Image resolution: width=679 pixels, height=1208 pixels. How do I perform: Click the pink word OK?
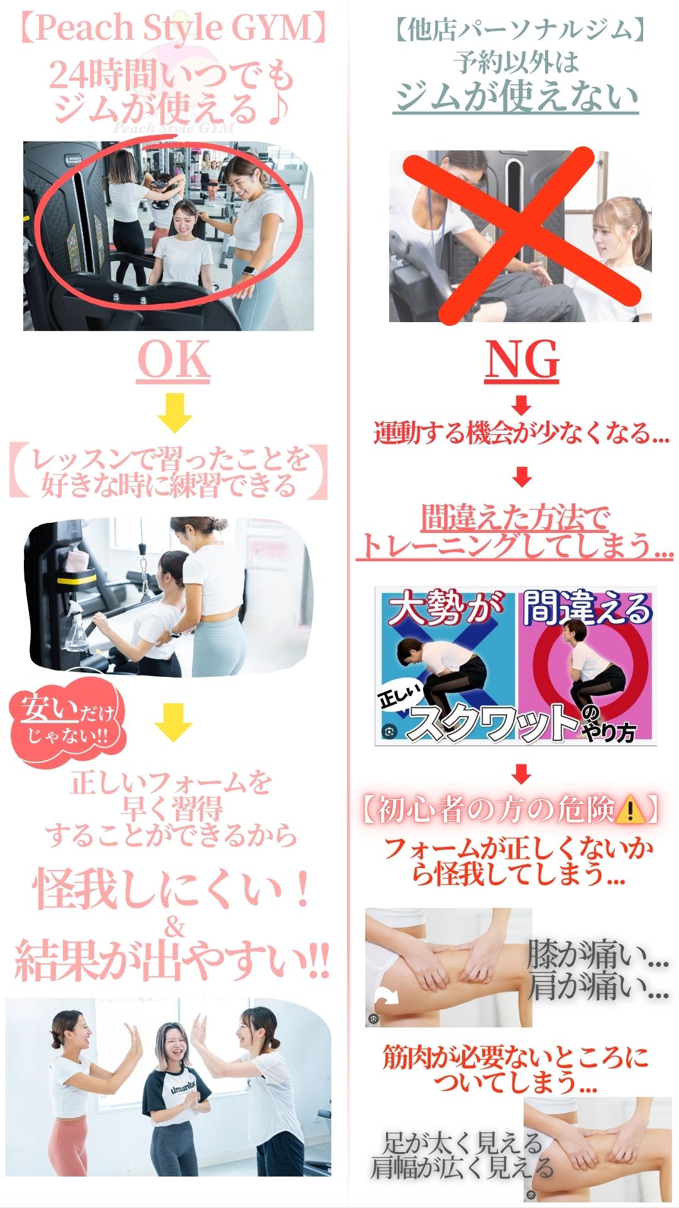[x=174, y=361]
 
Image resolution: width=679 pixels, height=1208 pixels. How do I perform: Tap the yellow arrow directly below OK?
[x=175, y=413]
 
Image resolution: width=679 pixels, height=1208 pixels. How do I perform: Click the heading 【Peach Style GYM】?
[x=174, y=28]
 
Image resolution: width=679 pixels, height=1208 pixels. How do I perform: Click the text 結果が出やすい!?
[x=172, y=961]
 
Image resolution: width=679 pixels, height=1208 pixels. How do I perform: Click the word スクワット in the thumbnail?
[x=494, y=722]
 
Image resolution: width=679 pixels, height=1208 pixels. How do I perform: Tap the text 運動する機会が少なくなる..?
[x=521, y=434]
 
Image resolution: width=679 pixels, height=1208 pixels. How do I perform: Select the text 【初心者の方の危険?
[x=487, y=810]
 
